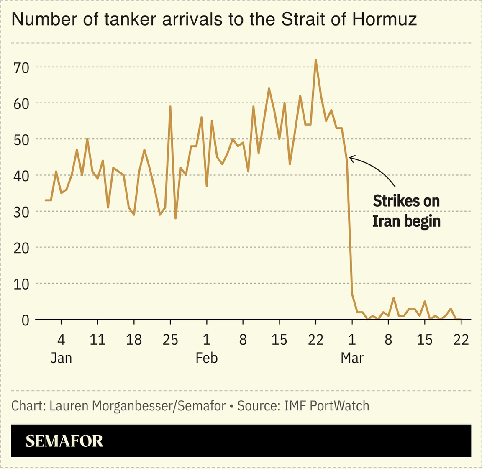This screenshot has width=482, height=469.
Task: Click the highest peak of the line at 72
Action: coord(315,60)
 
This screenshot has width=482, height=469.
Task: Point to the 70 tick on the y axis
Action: coord(20,67)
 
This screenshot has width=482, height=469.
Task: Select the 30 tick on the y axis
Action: coord(20,212)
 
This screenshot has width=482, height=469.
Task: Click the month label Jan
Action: coord(61,358)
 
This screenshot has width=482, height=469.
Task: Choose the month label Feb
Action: coord(207,358)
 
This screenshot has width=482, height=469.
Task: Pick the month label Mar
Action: coord(352,358)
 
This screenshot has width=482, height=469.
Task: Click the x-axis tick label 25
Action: coord(170,339)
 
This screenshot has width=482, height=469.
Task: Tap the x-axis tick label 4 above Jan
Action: coord(61,339)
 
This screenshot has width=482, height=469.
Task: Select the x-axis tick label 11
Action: coord(97,339)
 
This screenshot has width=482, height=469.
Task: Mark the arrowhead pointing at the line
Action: coord(351,158)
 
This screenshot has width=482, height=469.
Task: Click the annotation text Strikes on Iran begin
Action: coord(406,211)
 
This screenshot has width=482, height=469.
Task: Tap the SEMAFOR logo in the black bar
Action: coord(64,441)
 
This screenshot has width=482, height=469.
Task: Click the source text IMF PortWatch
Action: coord(326,406)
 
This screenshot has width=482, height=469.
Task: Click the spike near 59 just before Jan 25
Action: coord(170,107)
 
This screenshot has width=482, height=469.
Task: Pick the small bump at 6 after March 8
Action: coord(394,298)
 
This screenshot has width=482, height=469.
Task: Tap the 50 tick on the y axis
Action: coord(20,139)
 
